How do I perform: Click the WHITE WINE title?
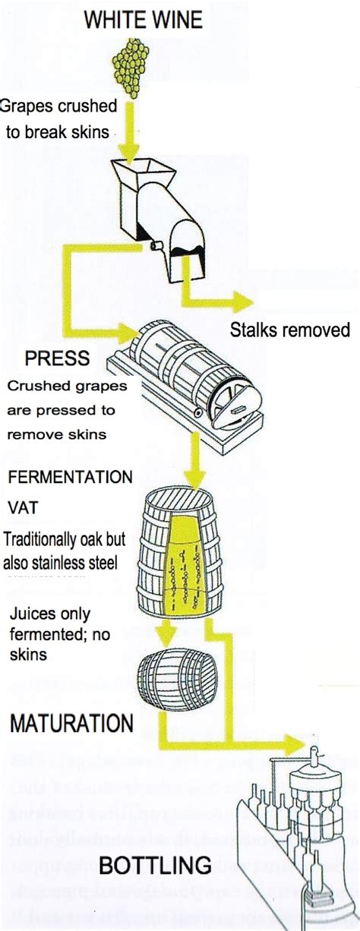pos(143,21)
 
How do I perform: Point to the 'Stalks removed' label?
pos(289,329)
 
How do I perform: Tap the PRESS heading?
pos(57,358)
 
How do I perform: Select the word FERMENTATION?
pos(70,477)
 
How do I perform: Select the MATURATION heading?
pos(71,722)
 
